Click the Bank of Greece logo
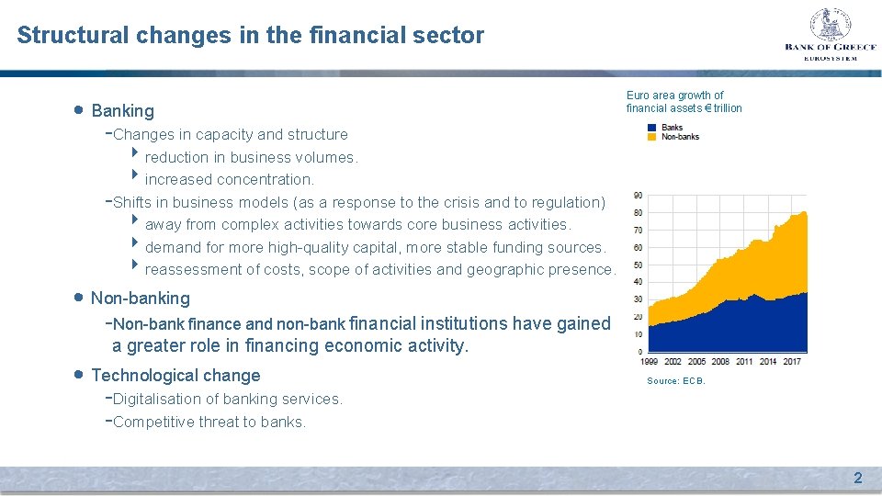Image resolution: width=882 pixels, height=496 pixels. (830, 34)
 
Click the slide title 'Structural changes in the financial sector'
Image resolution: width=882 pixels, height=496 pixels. (250, 36)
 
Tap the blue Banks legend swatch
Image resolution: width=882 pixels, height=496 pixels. (651, 128)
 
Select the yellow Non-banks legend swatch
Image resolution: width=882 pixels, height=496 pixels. (651, 137)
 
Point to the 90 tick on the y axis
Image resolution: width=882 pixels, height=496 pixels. (638, 195)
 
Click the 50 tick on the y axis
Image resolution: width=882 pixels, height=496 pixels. (638, 265)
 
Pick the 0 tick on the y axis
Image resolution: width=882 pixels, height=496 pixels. (639, 352)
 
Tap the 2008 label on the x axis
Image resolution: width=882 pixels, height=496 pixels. (721, 362)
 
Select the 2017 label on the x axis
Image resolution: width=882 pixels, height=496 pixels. (792, 362)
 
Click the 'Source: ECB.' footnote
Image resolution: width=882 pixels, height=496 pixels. (676, 380)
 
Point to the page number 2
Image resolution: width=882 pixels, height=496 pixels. (858, 478)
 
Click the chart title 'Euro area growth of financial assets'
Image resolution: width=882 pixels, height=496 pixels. (683, 101)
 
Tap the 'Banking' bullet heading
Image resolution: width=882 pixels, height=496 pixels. (122, 111)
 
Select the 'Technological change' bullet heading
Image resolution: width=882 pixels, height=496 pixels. (175, 375)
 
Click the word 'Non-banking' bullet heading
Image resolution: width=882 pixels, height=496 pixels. (140, 298)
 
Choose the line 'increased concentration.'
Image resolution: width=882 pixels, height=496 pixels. (229, 179)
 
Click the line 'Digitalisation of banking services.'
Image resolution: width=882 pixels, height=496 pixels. (227, 399)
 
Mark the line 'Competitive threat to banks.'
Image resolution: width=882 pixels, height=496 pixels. (209, 423)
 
